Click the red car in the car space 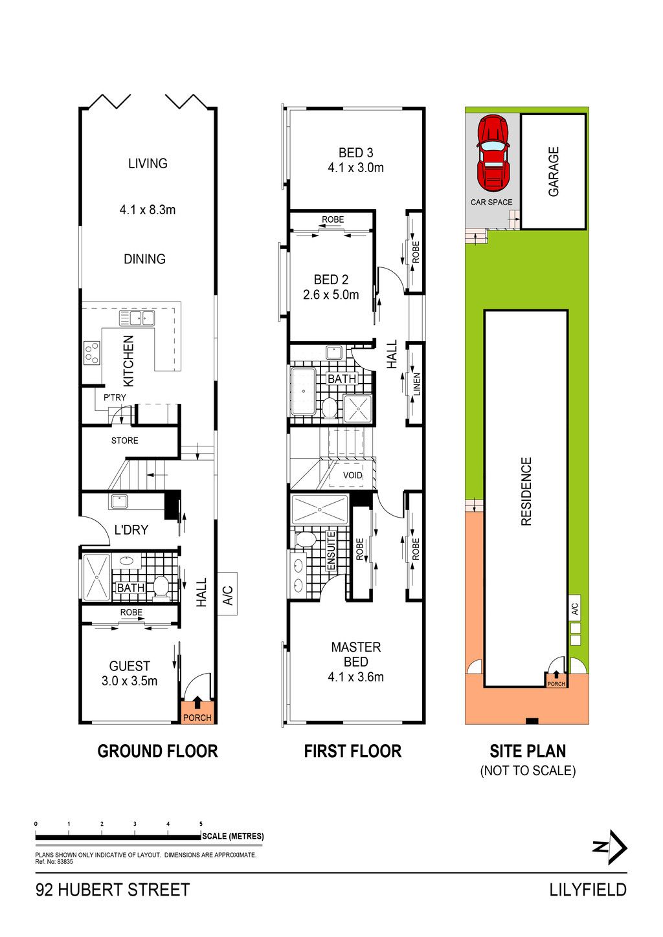tap(493, 153)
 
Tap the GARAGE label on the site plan tap(554, 171)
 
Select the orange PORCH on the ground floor tap(197, 711)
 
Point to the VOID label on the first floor tap(352, 475)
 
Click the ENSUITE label tap(331, 551)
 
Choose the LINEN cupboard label tap(416, 384)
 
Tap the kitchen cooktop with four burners tap(92, 353)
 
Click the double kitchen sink tap(137, 318)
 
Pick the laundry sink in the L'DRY tap(119, 501)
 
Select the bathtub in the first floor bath tap(303, 391)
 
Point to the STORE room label tap(125, 441)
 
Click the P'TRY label tap(115, 397)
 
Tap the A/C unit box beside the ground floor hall tap(227, 593)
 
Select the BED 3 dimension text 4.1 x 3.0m tap(355, 168)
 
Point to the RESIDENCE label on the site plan tap(526, 491)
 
